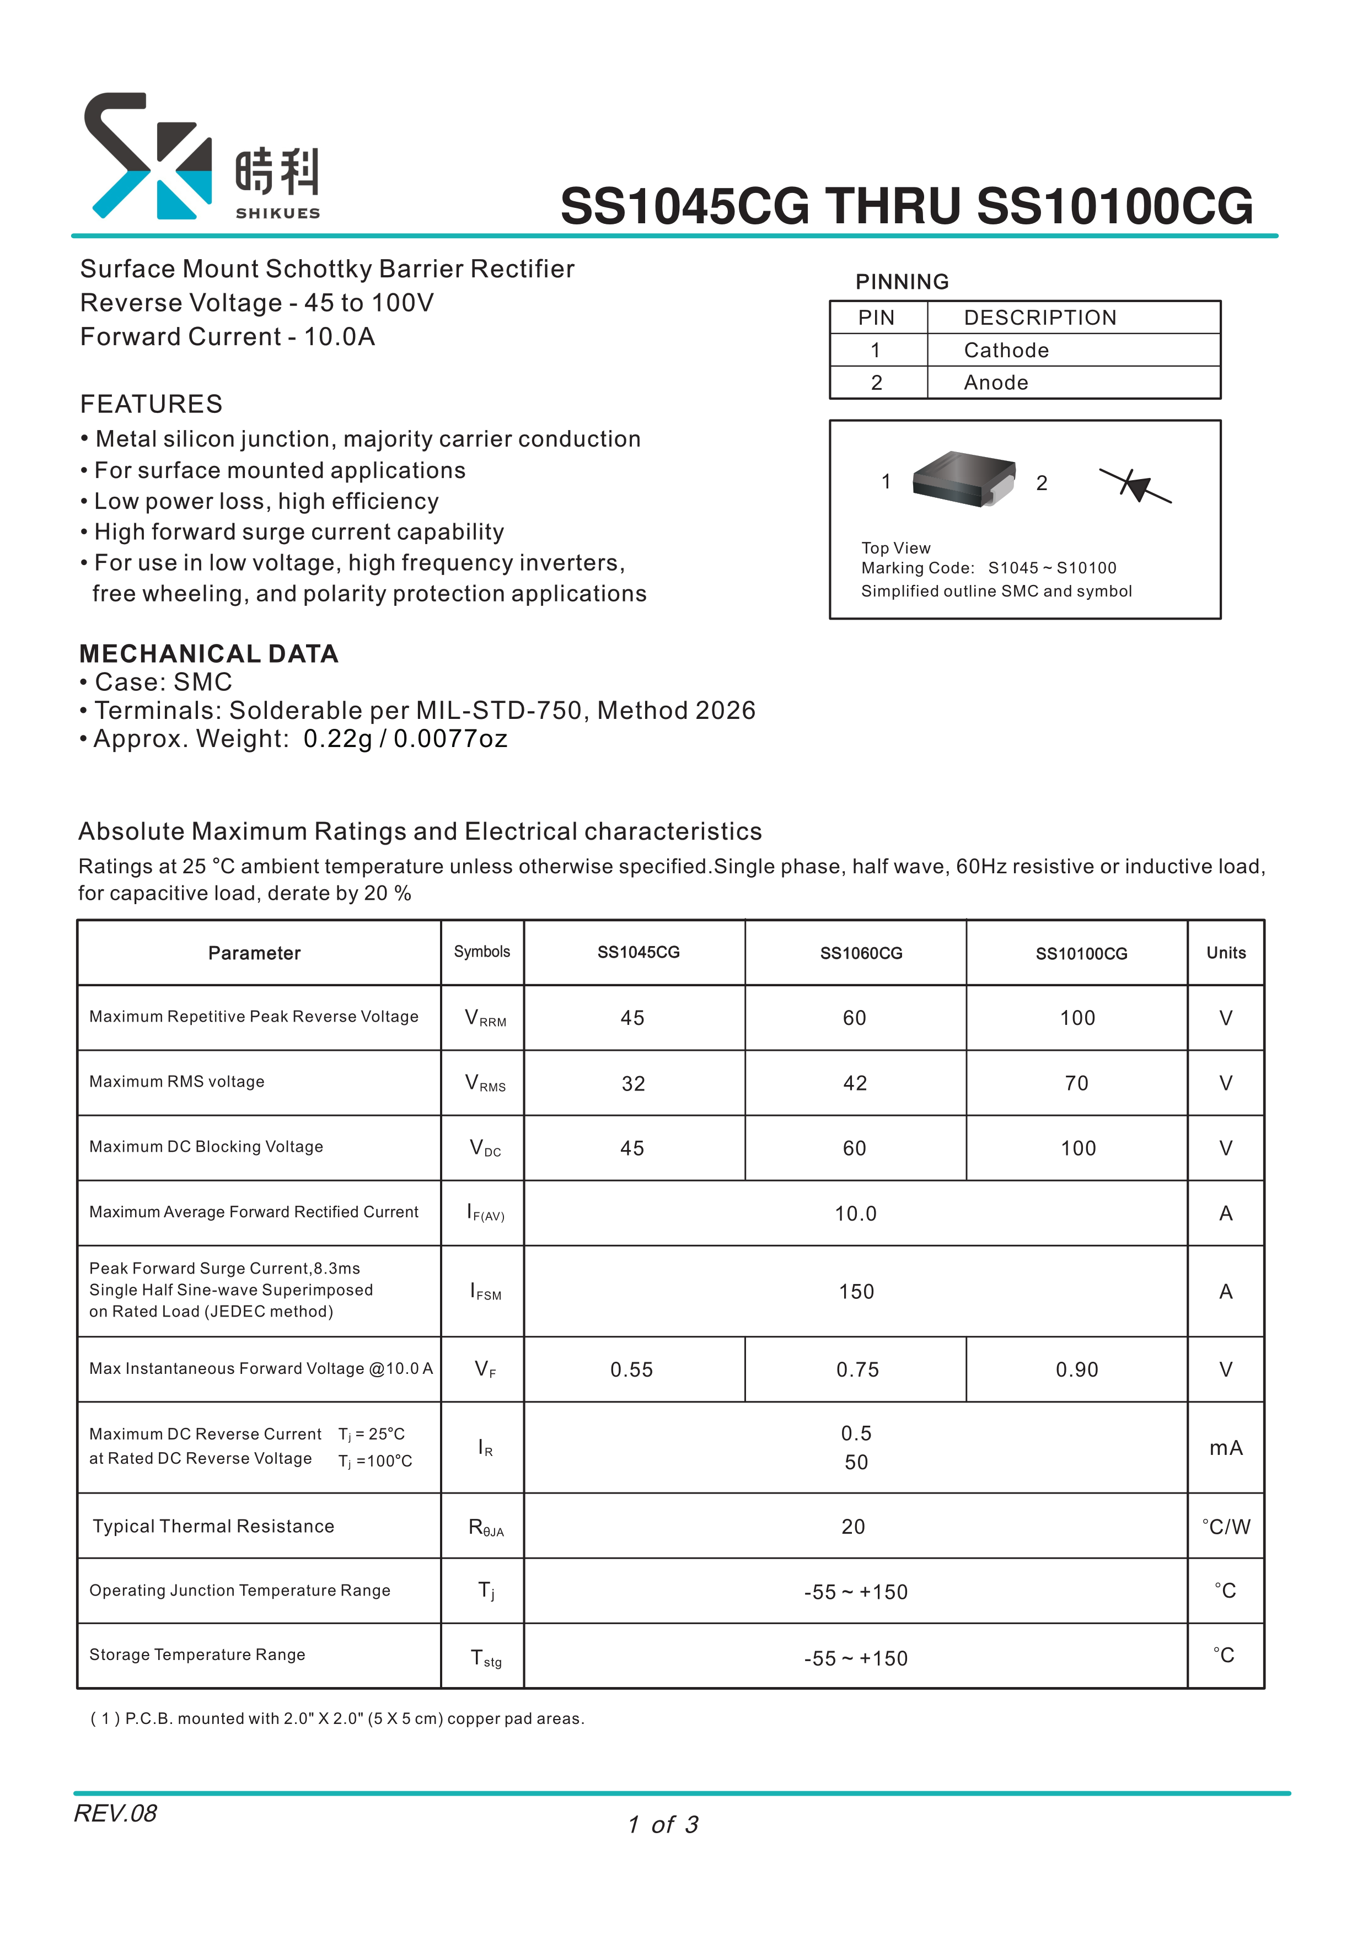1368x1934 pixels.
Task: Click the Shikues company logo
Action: click(x=202, y=157)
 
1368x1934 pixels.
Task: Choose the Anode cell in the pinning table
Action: click(x=996, y=383)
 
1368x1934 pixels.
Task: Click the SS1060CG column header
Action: click(x=860, y=954)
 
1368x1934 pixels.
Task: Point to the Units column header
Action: click(x=1226, y=953)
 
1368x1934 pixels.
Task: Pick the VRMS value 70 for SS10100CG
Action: click(x=1076, y=1083)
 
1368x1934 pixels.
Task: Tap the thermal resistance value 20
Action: click(x=854, y=1527)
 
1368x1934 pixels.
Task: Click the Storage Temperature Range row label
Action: click(x=197, y=1655)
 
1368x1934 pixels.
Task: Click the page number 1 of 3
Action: click(x=663, y=1824)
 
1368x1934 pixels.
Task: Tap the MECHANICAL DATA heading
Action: click(x=209, y=654)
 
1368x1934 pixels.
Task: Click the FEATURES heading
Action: click(x=152, y=404)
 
